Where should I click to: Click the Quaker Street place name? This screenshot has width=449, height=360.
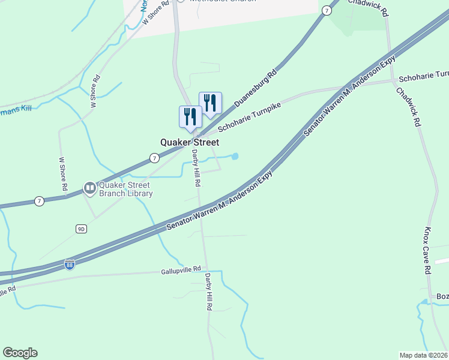point(189,142)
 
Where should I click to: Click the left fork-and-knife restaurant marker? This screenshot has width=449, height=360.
point(190,116)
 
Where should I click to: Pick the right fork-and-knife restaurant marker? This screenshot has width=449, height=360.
point(210,103)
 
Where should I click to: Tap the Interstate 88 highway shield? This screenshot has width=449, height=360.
point(70,264)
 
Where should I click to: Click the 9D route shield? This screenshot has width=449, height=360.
point(82,229)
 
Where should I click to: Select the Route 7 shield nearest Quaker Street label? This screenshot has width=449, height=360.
point(154,158)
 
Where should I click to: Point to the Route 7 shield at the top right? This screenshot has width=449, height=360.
point(326,10)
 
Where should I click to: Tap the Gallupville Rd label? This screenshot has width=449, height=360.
point(184,271)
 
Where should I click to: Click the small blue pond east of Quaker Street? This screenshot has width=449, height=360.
point(235,157)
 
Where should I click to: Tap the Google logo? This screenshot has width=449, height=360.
point(20,353)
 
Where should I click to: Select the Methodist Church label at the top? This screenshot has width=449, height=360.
point(222,1)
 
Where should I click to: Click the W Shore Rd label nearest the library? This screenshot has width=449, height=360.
point(63,175)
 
